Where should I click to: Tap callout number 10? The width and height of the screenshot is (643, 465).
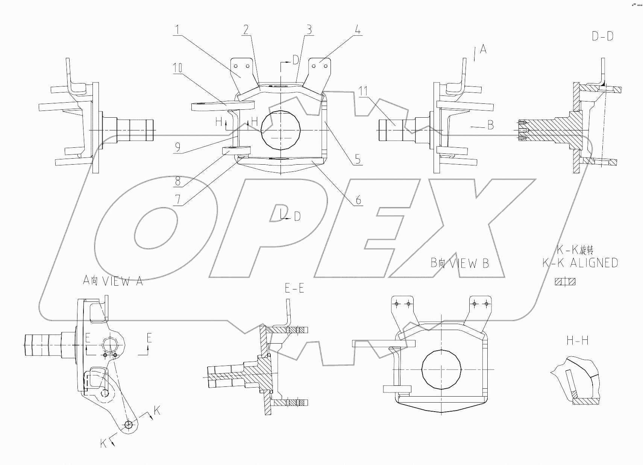pyautogui.click(x=177, y=68)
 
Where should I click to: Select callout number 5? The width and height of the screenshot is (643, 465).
pyautogui.click(x=357, y=159)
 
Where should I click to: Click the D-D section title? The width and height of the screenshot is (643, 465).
pyautogui.click(x=602, y=37)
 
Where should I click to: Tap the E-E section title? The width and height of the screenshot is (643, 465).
pyautogui.click(x=294, y=288)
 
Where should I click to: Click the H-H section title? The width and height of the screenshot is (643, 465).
pyautogui.click(x=577, y=341)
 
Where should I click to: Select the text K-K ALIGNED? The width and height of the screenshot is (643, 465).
pyautogui.click(x=580, y=263)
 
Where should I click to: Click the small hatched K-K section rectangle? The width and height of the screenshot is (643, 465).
pyautogui.click(x=565, y=282)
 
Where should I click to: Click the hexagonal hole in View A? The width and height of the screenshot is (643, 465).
pyautogui.click(x=110, y=344)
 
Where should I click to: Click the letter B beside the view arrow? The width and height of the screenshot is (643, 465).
pyautogui.click(x=490, y=125)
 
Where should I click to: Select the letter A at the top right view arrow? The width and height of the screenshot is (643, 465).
pyautogui.click(x=483, y=49)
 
